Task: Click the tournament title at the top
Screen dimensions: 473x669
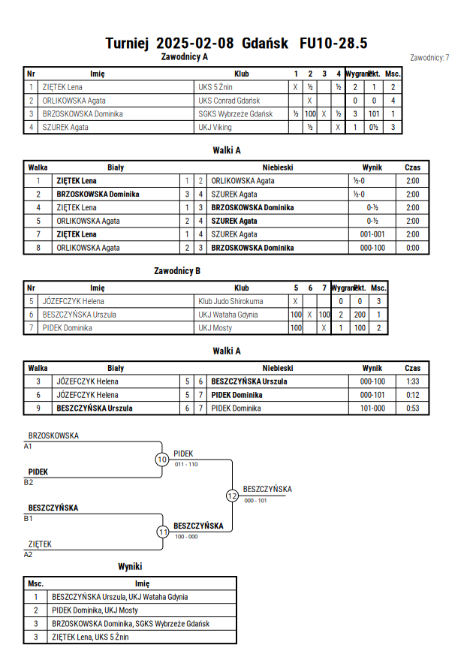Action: [236, 43]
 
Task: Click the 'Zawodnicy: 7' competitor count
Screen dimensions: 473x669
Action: [429, 58]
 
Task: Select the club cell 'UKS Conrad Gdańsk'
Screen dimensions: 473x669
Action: [229, 101]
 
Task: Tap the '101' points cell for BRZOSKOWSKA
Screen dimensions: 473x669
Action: [374, 114]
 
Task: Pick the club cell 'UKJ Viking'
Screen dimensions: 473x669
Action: [215, 127]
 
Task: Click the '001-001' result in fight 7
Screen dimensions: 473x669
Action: [372, 234]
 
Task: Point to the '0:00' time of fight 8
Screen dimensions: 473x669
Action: [413, 248]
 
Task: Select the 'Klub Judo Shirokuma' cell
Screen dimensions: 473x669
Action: [230, 301]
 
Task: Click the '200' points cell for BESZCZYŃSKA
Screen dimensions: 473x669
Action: [360, 315]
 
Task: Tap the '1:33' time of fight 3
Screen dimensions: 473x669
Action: [413, 381]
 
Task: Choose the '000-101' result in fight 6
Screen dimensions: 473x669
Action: [372, 395]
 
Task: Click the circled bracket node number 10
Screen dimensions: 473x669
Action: [162, 460]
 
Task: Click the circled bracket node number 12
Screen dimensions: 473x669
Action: [232, 496]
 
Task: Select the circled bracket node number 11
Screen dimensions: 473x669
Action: [163, 532]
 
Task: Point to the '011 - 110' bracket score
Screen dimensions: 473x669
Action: [186, 464]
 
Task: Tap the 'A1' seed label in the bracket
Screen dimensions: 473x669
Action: [28, 447]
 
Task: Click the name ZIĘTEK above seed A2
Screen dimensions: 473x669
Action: [40, 544]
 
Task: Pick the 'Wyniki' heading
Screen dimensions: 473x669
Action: [130, 567]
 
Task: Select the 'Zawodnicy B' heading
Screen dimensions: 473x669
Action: [177, 271]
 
